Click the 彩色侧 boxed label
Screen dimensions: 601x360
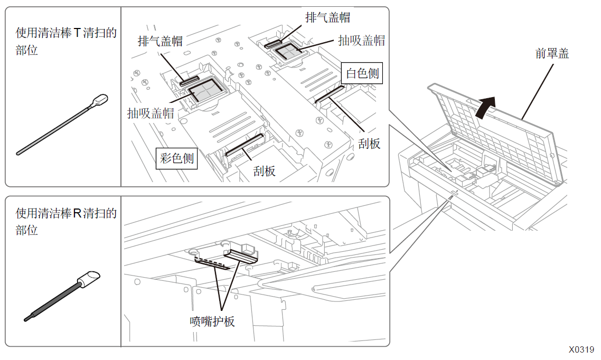pos(177,158)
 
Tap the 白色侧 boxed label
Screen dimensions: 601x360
pos(362,73)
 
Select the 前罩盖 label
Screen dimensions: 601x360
pos(552,53)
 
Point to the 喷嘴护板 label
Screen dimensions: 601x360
pos(212,321)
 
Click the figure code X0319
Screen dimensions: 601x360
pos(581,349)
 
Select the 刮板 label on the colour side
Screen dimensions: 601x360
pos(264,171)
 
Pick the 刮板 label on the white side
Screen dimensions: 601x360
pos(369,144)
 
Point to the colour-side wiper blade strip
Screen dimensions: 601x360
pos(245,145)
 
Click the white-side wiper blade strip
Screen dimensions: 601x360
pos(330,94)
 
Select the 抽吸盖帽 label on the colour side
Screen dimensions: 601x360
pos(151,113)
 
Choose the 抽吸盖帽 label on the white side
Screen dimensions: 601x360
pos(361,41)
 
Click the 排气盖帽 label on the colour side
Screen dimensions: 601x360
pos(160,41)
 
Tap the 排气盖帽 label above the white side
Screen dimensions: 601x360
pos(327,17)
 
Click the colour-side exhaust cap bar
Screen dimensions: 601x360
pos(190,80)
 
